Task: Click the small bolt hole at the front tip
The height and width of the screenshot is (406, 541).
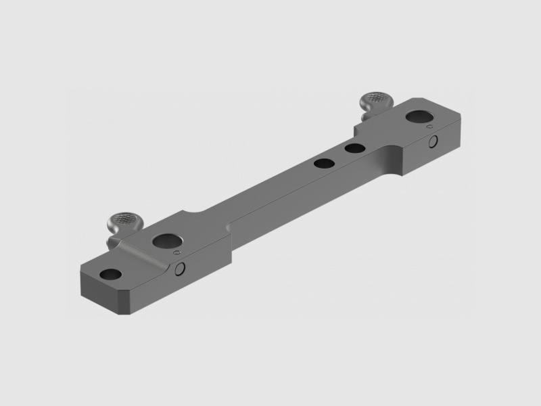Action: [x=111, y=275]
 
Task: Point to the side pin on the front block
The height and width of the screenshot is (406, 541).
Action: [x=180, y=269]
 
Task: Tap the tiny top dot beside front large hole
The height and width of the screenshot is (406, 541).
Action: [x=177, y=252]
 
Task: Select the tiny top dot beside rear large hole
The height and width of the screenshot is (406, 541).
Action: [x=428, y=127]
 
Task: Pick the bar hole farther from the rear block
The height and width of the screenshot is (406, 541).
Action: [x=324, y=162]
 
